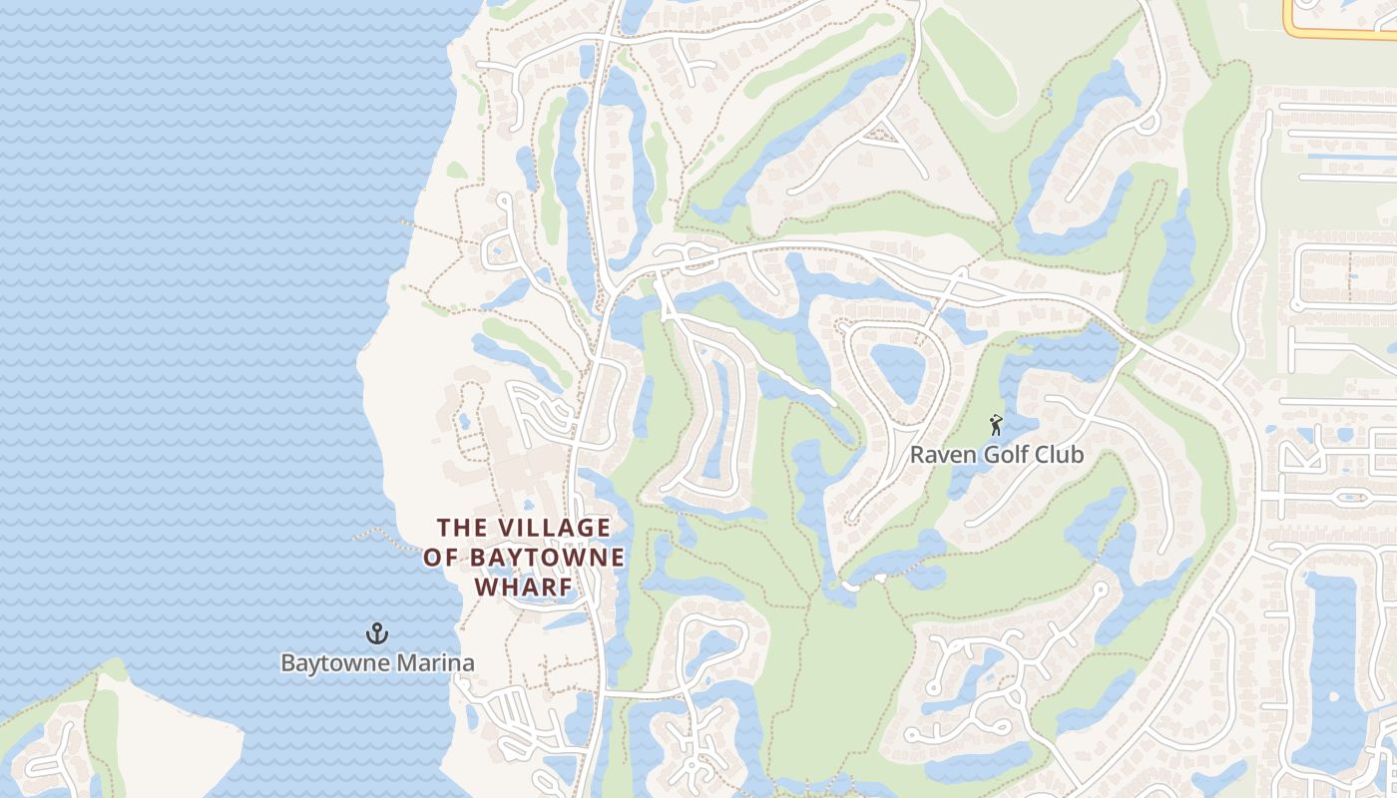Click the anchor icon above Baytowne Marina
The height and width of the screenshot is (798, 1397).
[377, 632]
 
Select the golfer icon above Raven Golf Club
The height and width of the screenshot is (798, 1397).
[996, 426]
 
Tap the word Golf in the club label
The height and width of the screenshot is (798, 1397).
[1007, 456]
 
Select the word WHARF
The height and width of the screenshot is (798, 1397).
[524, 588]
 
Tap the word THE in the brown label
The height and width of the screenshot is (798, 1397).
[461, 528]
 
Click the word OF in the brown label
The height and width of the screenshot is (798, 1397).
[440, 558]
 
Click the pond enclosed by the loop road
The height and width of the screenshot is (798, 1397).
[897, 369]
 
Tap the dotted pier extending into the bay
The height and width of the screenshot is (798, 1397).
[384, 539]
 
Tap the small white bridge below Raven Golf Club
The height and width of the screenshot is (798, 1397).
[850, 586]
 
